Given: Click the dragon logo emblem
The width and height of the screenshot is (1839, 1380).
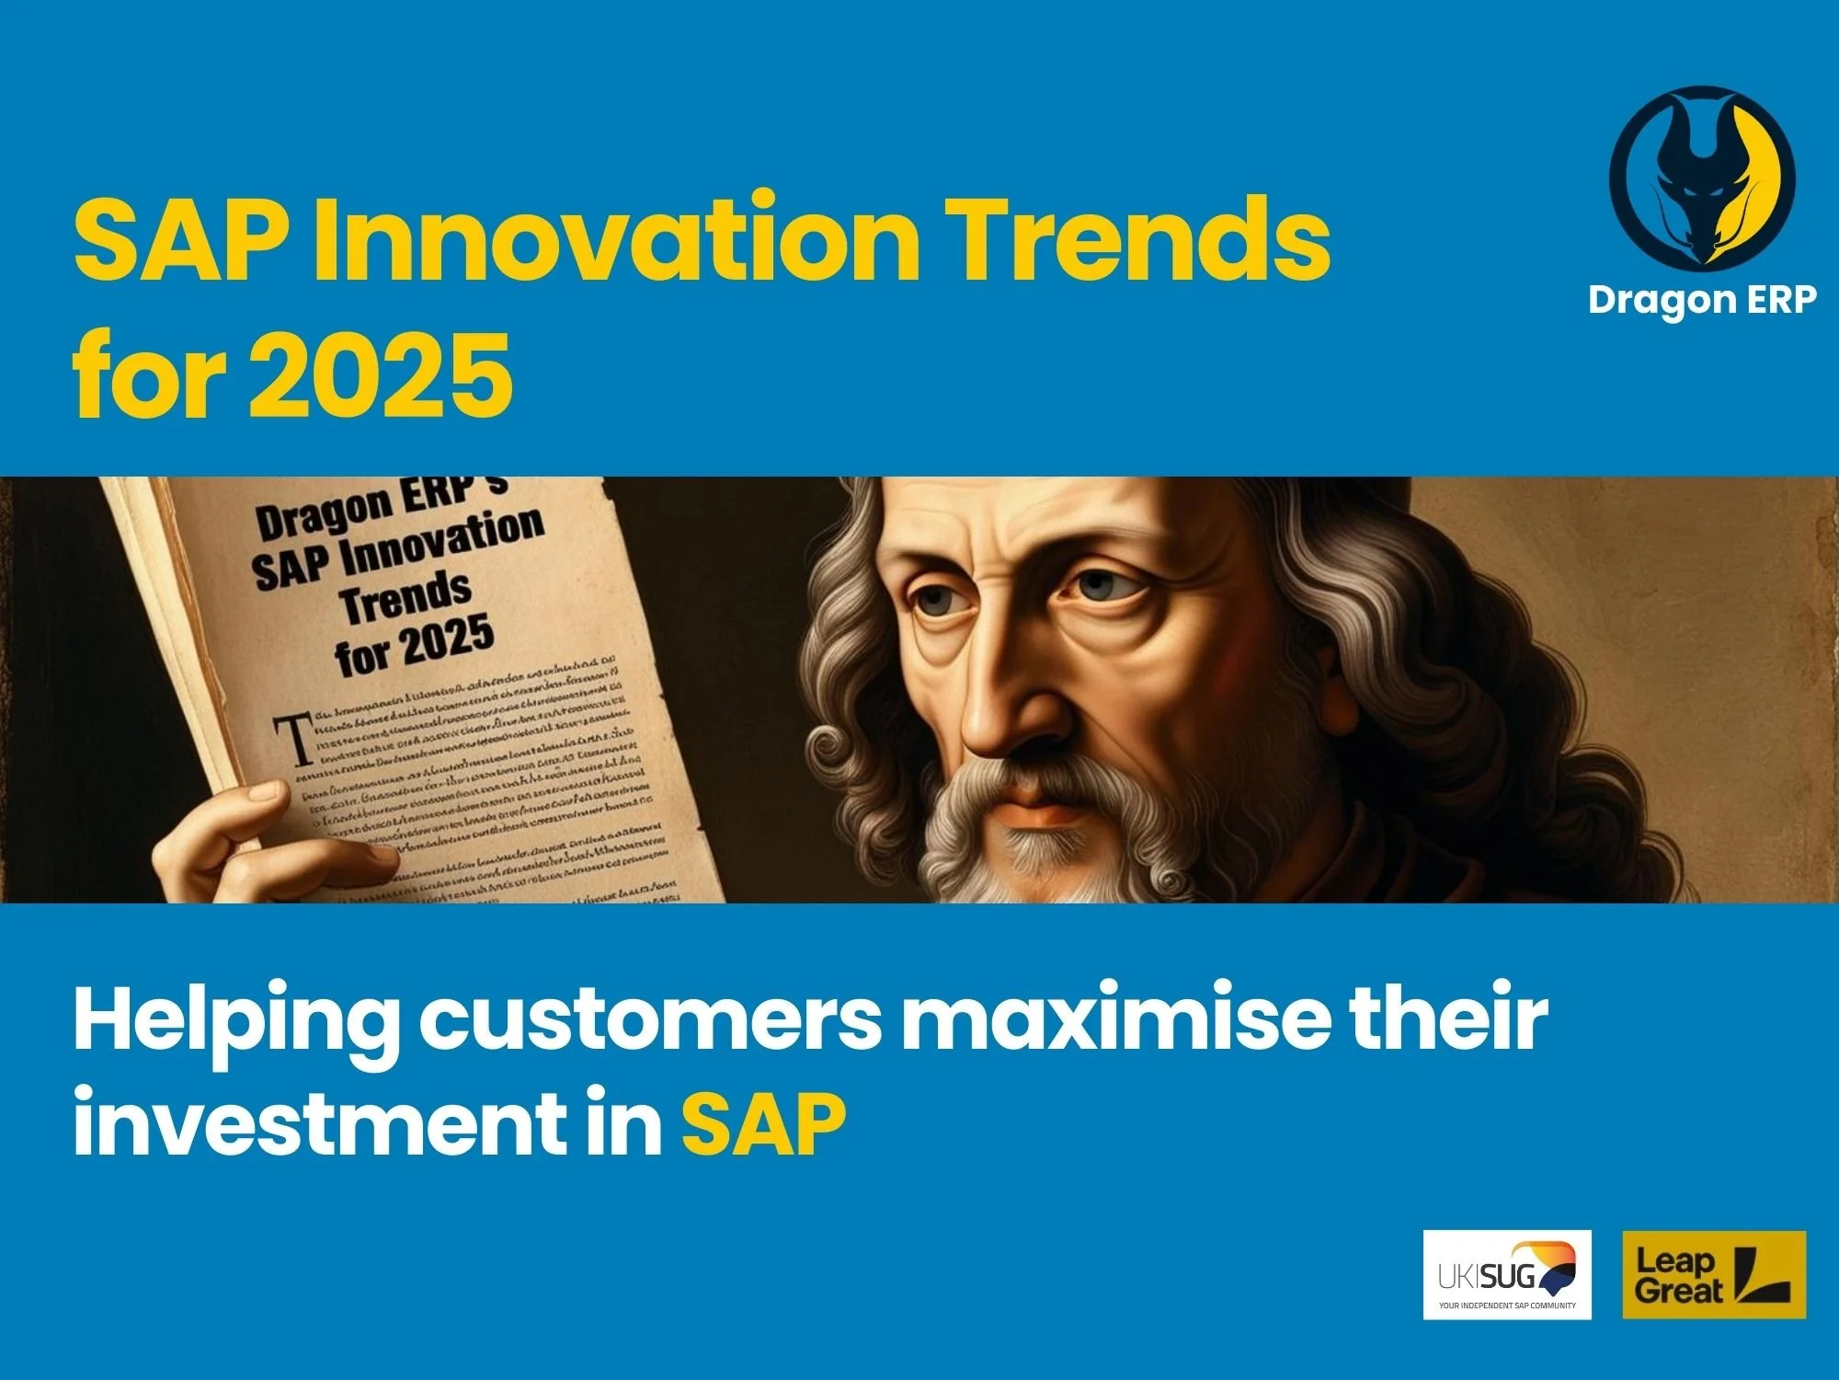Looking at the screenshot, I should pos(1702,179).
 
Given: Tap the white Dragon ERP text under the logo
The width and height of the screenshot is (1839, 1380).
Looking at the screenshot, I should pos(1702,300).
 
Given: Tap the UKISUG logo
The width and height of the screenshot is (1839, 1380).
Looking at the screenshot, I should pos(1507,1274).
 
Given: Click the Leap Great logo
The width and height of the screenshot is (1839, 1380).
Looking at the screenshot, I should pos(1714,1274).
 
